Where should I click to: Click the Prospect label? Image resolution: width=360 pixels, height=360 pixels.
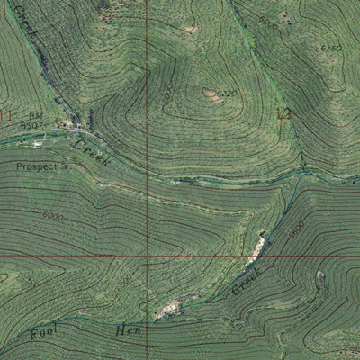(x=35, y=167)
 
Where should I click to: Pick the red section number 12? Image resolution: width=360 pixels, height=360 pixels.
(x=284, y=113)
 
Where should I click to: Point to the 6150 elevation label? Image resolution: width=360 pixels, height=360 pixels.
(x=330, y=48)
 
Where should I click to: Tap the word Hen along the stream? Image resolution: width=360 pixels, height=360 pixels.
(x=126, y=331)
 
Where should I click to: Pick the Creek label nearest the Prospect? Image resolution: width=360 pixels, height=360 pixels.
(x=90, y=151)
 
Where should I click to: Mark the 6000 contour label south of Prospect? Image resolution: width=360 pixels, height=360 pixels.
(x=52, y=217)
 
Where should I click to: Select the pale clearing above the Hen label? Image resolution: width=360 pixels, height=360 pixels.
(x=166, y=311)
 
